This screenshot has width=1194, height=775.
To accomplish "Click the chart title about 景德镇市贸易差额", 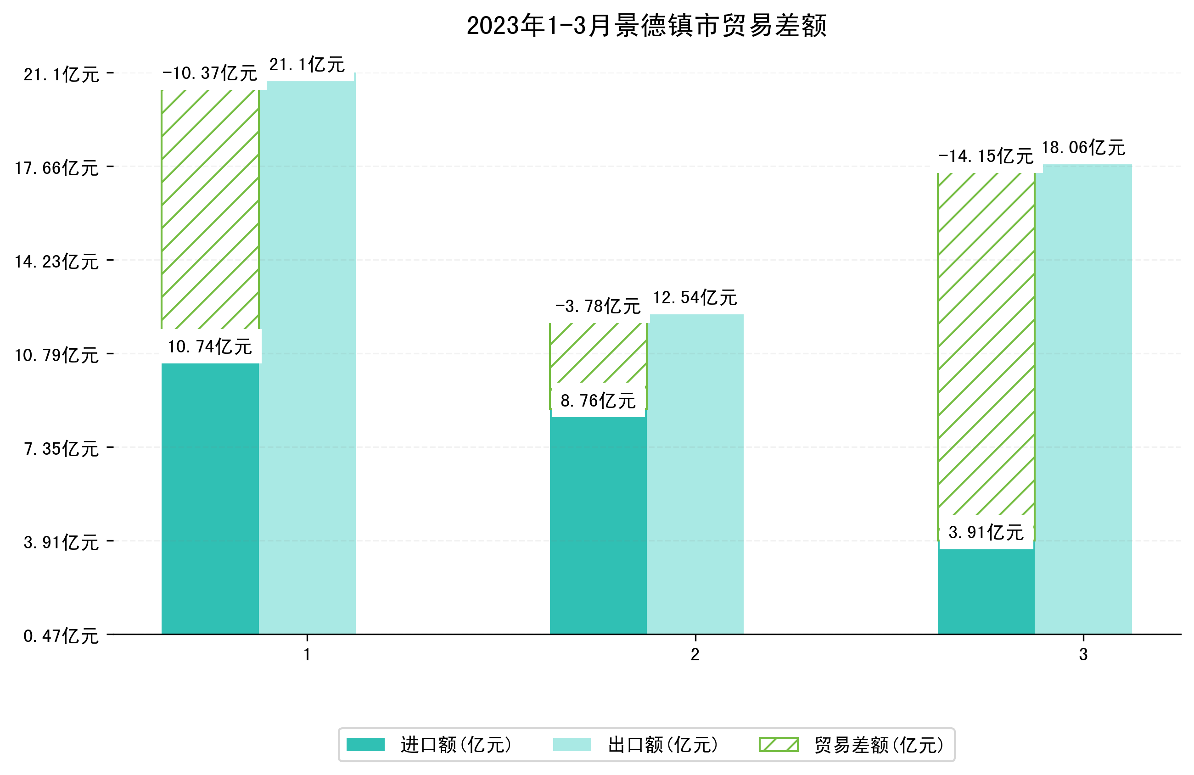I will (x=646, y=26).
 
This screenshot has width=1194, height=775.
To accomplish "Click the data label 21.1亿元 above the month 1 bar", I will (x=307, y=65).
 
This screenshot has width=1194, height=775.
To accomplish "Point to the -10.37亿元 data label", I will (x=210, y=73).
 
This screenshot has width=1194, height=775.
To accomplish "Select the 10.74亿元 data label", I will (x=210, y=346).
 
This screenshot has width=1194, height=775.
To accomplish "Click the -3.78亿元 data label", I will (x=598, y=306).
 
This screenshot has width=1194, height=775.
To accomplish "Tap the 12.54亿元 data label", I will (x=695, y=297).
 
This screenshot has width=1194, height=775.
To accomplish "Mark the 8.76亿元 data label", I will (x=598, y=401).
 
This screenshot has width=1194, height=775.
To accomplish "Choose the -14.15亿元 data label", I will (x=986, y=156).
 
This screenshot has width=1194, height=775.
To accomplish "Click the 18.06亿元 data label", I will (x=1084, y=147).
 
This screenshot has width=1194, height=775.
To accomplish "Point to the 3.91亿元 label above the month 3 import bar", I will (x=986, y=533).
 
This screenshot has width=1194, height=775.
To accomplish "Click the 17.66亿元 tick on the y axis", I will (x=56, y=168).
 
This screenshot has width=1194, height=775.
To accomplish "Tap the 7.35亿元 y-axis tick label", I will (x=61, y=449).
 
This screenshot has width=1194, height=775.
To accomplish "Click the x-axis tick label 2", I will (x=695, y=655).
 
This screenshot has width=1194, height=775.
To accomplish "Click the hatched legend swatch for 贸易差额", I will (x=778, y=744).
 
